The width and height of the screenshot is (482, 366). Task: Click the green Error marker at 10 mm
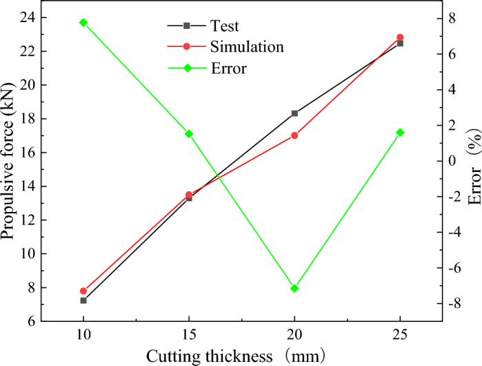[83, 22]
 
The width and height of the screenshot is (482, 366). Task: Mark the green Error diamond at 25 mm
[400, 132]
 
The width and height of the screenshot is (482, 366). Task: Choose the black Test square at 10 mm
[83, 300]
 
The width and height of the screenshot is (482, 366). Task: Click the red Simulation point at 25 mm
[400, 37]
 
